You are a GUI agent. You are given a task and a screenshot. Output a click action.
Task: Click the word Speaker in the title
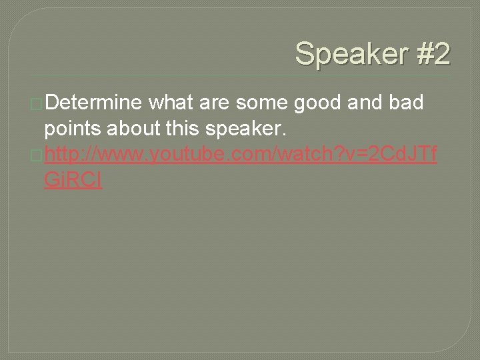tap(346, 54)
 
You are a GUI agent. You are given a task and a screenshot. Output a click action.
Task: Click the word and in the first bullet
tap(368, 104)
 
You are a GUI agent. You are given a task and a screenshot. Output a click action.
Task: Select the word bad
tap(413, 104)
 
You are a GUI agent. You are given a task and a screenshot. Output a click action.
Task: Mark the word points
tap(74, 130)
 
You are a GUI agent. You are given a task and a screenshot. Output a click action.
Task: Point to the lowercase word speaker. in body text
tap(253, 130)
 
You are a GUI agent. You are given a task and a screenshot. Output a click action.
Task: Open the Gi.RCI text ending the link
tap(73, 182)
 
